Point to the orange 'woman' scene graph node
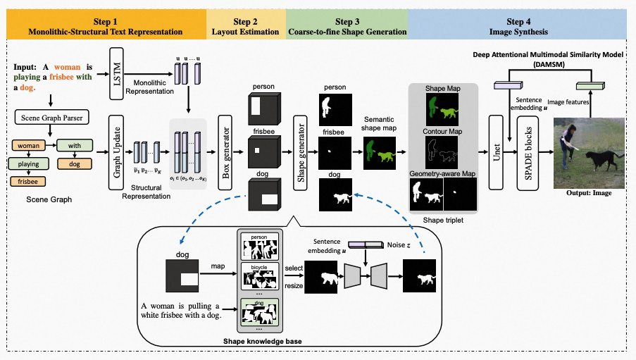(x=27, y=147)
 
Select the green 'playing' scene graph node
(x=27, y=164)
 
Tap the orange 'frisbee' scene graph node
(x=27, y=181)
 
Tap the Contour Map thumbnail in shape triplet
(x=442, y=149)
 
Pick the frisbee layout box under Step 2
(x=264, y=151)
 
